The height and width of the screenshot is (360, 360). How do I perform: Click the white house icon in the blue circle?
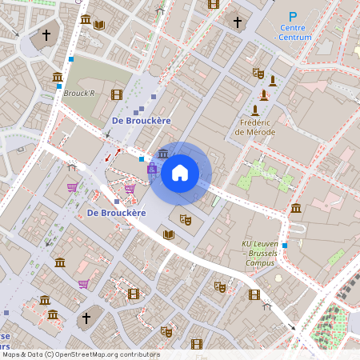click(180, 173)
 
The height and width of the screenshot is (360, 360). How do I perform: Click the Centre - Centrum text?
click(292, 32)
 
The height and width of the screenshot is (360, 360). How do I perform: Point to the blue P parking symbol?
click(293, 16)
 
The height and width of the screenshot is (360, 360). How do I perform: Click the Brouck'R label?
click(79, 93)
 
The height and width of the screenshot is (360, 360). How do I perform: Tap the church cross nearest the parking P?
click(237, 22)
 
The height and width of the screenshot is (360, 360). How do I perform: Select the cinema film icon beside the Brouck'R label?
click(117, 94)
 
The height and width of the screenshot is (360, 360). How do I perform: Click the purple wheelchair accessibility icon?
click(152, 169)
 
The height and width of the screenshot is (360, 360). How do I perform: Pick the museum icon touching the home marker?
click(163, 154)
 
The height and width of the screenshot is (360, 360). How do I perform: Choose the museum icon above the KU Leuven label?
click(296, 208)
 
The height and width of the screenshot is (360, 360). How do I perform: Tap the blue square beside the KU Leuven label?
click(284, 246)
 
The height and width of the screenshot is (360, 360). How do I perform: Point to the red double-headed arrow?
click(113, 154)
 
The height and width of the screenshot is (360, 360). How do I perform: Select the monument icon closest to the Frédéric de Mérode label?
click(255, 110)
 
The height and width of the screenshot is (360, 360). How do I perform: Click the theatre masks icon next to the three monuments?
click(258, 73)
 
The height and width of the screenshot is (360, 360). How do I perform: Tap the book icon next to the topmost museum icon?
click(99, 25)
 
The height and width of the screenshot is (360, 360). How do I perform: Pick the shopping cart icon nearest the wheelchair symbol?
click(130, 188)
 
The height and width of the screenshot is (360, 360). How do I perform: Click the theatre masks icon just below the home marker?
click(186, 218)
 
